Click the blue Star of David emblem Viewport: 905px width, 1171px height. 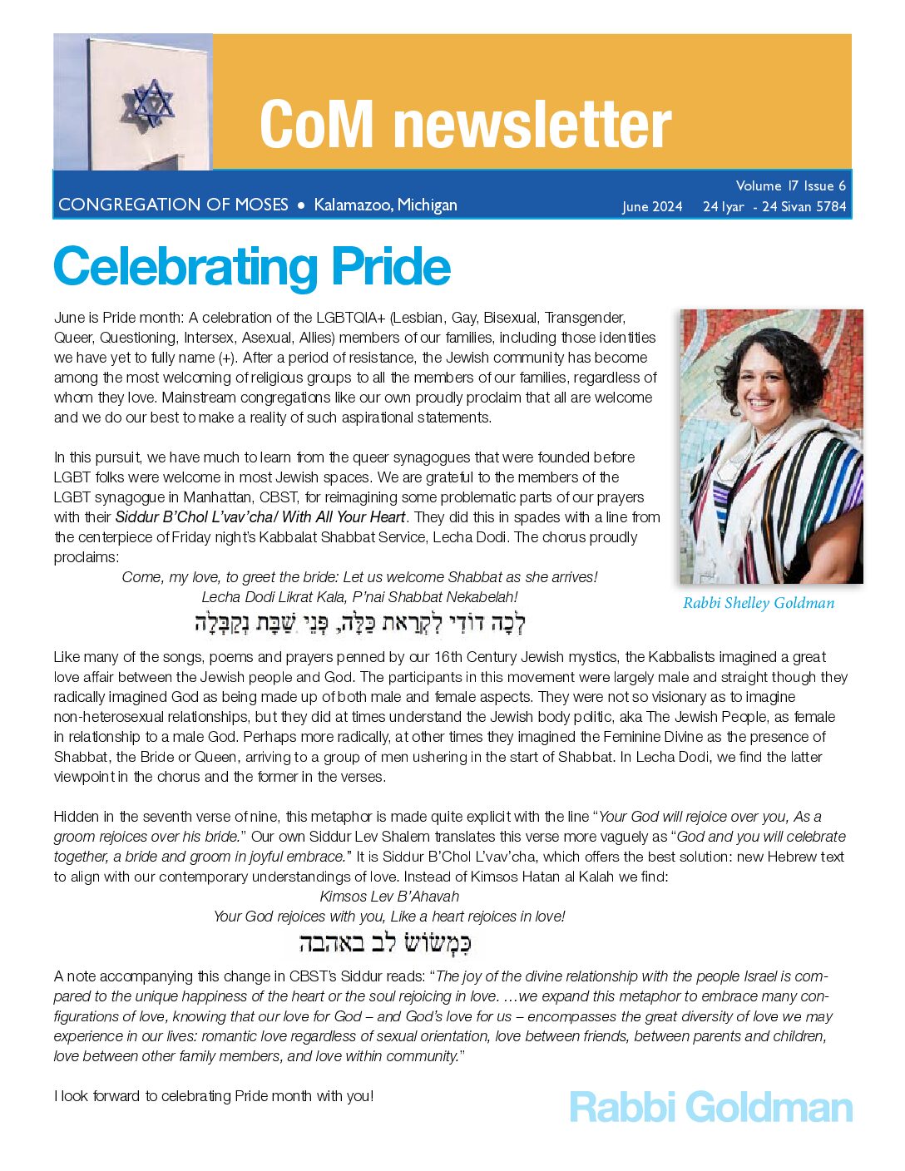tap(150, 102)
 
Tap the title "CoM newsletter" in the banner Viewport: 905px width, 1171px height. tap(465, 124)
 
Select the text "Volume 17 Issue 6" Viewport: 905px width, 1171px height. tap(790, 185)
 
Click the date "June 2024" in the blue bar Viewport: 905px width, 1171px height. tap(652, 206)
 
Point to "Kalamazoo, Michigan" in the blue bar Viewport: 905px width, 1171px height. tap(385, 205)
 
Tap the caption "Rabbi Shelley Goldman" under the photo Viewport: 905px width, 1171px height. tap(759, 603)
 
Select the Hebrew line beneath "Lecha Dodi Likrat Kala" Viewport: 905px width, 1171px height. tap(360, 622)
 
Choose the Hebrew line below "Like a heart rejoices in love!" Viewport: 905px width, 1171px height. tap(384, 943)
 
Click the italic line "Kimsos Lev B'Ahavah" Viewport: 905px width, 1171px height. tap(389, 897)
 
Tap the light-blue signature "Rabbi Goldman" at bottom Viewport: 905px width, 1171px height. tap(711, 1108)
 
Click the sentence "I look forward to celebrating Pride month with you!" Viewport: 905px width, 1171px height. tap(214, 1096)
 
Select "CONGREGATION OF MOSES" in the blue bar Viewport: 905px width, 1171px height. tap(173, 205)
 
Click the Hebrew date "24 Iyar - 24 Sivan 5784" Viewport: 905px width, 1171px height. tap(774, 206)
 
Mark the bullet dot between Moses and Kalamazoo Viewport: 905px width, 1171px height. tap(301, 205)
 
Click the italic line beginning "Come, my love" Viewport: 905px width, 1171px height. tap(359, 577)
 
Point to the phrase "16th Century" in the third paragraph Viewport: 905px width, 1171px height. tap(457, 657)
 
